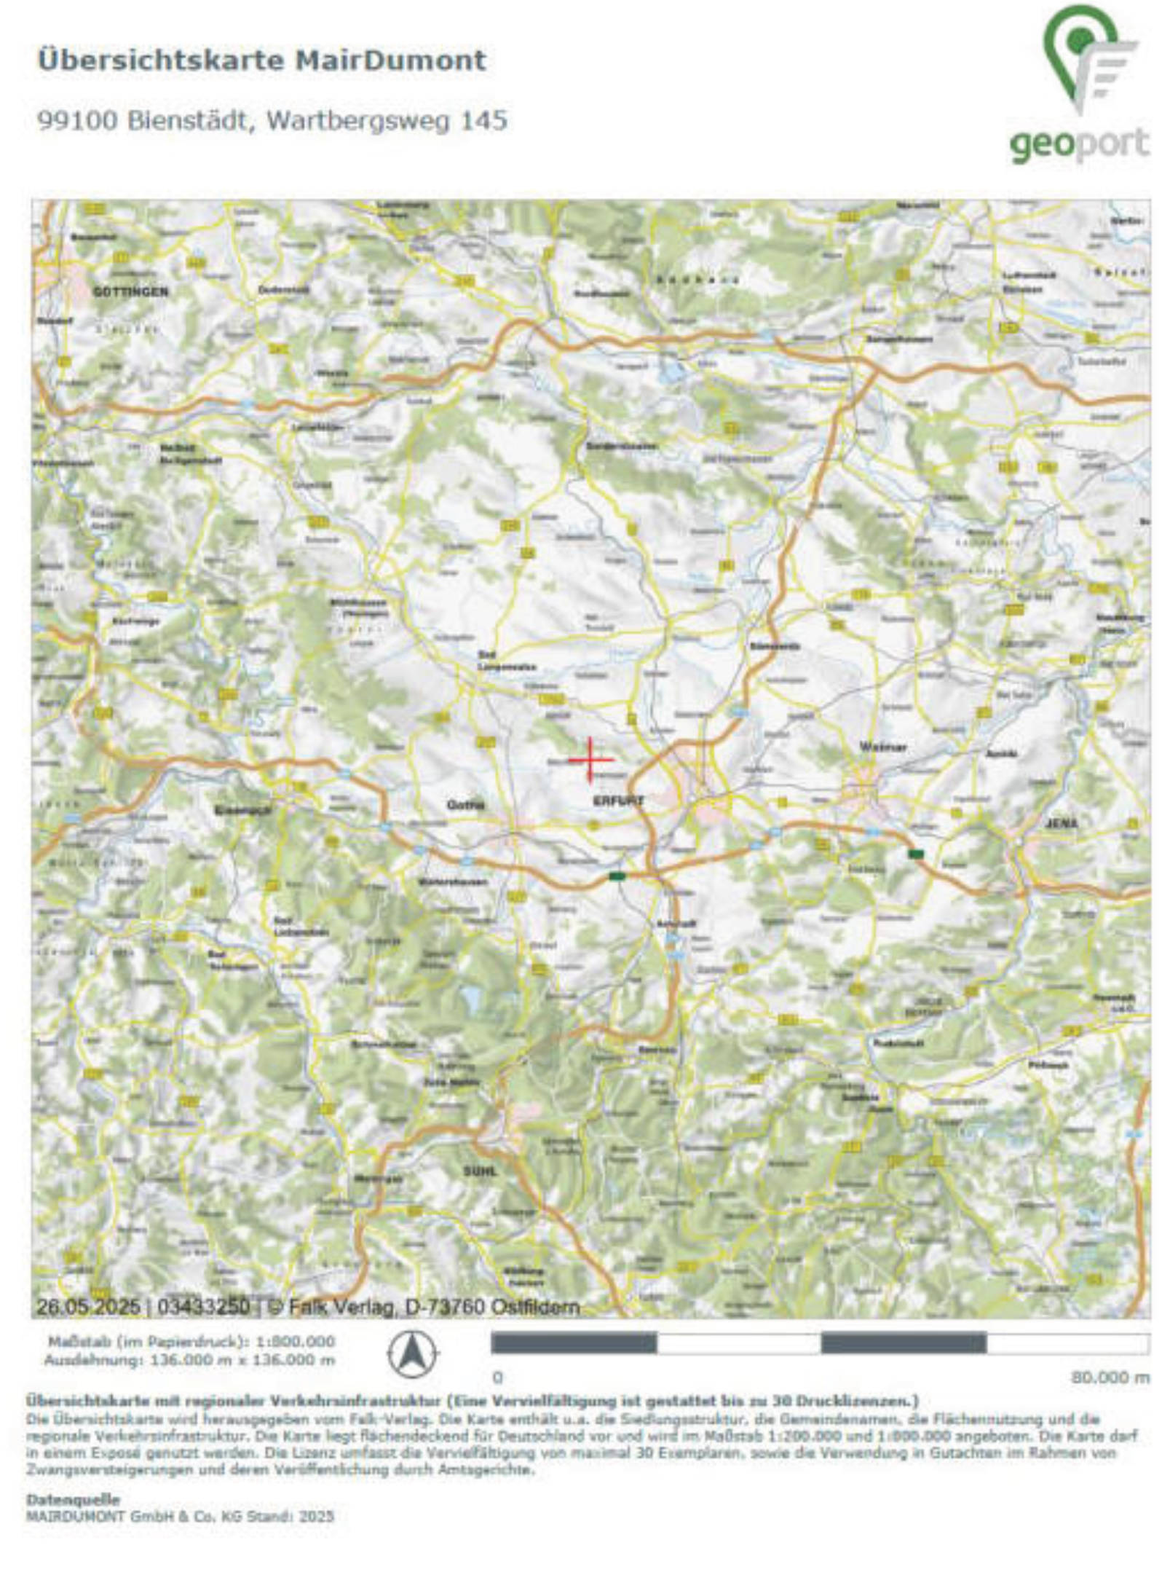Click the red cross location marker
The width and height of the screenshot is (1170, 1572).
pyautogui.click(x=590, y=760)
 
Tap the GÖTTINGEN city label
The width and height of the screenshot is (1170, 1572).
pyautogui.click(x=130, y=291)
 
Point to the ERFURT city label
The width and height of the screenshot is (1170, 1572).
pyautogui.click(x=618, y=801)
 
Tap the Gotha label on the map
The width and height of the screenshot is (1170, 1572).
pyautogui.click(x=465, y=805)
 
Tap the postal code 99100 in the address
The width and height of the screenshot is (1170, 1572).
pyautogui.click(x=77, y=120)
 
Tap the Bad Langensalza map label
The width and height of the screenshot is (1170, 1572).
pyautogui.click(x=507, y=661)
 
